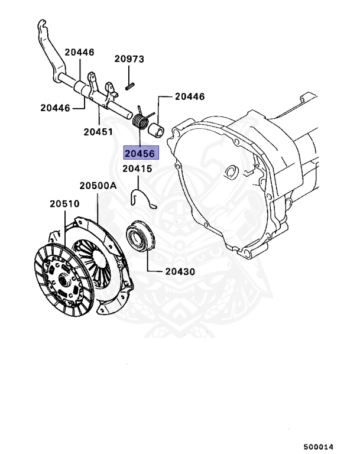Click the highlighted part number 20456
pyautogui.click(x=139, y=154)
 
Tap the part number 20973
pyautogui.click(x=129, y=59)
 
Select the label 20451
pyautogui.click(x=98, y=132)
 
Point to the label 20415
pyautogui.click(x=137, y=169)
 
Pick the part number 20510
pyautogui.click(x=64, y=204)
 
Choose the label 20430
pyautogui.click(x=180, y=273)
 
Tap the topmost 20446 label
pyautogui.click(x=79, y=53)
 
